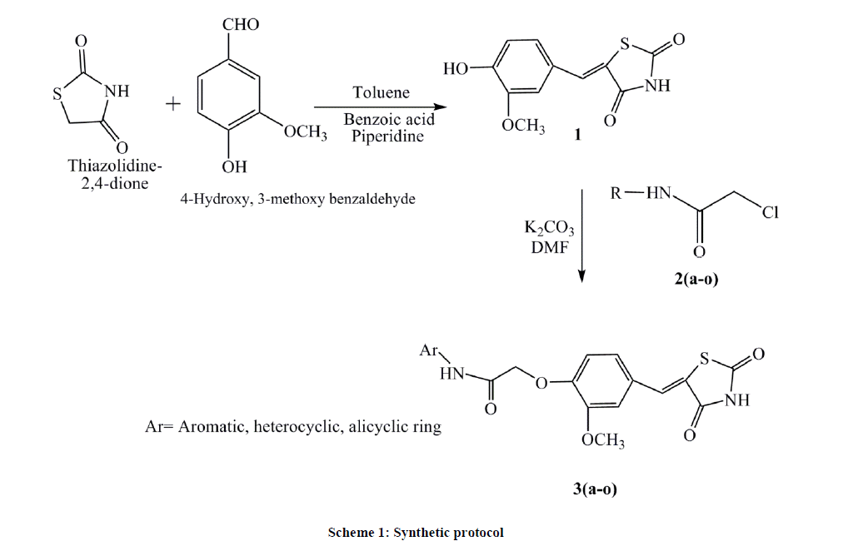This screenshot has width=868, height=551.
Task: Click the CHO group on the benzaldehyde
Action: point(241,24)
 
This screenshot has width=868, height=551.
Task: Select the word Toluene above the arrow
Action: point(381,92)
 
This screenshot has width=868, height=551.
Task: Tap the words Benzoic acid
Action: point(389,120)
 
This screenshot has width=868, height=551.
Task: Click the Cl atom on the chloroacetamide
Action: point(770,213)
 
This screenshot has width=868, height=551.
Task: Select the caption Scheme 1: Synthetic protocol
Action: point(416,532)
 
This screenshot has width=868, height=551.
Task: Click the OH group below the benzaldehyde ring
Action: point(235,167)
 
